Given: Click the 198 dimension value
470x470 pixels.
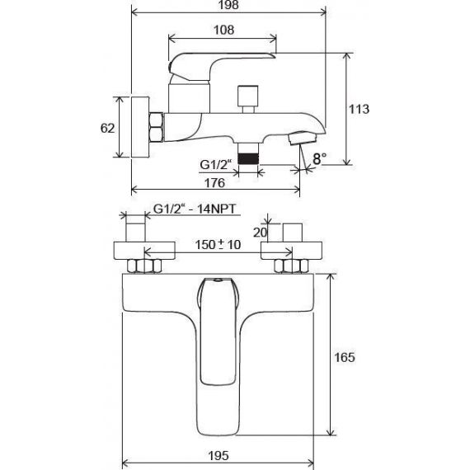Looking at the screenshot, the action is [x=228, y=5].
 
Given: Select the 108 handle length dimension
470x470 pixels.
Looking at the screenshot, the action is [x=223, y=30].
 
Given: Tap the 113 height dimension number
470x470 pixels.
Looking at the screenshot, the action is [x=359, y=109].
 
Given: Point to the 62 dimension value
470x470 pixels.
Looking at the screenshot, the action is [x=108, y=129].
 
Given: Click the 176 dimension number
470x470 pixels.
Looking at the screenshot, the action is [x=214, y=182].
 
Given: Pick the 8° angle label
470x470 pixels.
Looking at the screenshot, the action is [x=320, y=158].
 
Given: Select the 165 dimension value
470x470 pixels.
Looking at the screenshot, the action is [x=345, y=357].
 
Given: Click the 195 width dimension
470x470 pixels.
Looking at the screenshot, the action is [x=219, y=456].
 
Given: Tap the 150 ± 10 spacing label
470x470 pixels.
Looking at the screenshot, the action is [x=218, y=245].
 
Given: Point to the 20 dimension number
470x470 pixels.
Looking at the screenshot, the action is [x=260, y=233].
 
